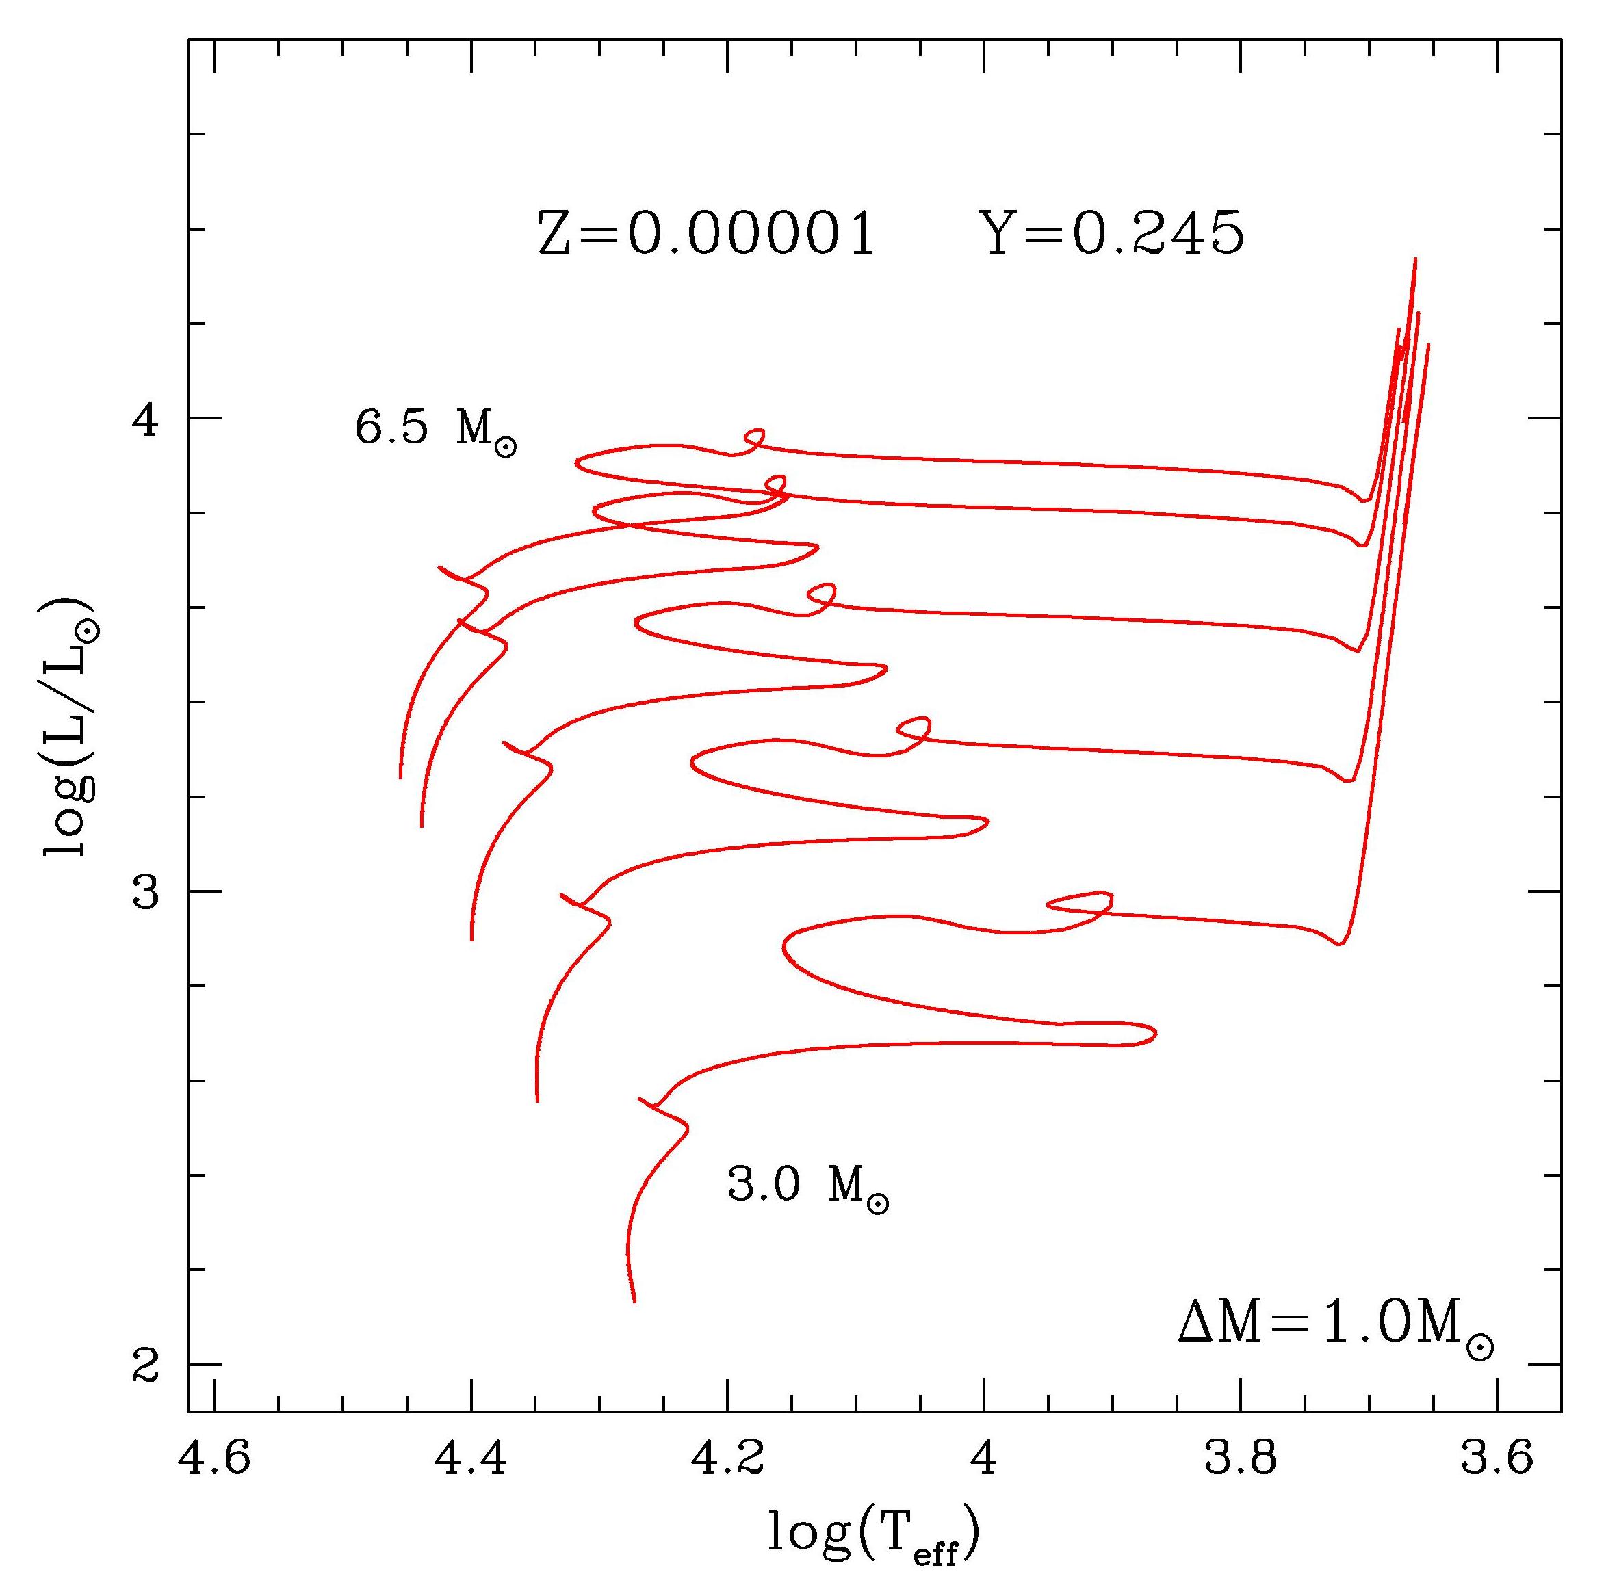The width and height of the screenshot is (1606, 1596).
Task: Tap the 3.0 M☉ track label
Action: tap(807, 1186)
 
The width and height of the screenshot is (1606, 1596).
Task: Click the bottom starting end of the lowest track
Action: tap(634, 1301)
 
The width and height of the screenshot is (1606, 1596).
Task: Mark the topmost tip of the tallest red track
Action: tap(1415, 259)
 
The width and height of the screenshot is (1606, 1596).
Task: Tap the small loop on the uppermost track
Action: tap(754, 438)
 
